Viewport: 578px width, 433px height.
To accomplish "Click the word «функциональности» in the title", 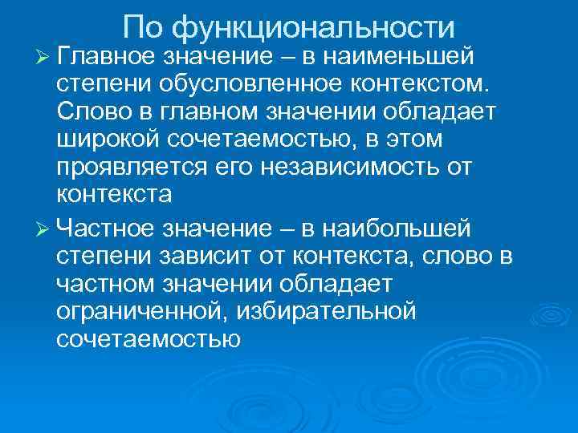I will coord(314,28).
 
